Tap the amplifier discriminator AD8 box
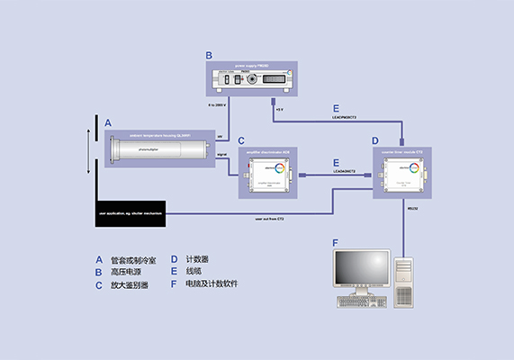[268, 171]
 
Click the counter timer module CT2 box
[403, 171]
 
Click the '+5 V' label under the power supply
[279, 110]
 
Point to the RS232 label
[413, 208]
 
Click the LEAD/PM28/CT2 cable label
[346, 117]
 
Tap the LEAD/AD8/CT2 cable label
[346, 171]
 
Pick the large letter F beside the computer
[336, 243]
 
